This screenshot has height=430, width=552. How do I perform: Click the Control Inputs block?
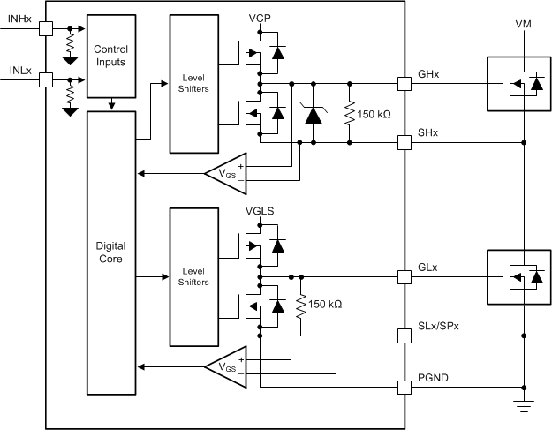(110, 56)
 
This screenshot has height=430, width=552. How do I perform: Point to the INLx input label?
(19, 69)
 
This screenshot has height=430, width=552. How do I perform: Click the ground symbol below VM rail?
(524, 406)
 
